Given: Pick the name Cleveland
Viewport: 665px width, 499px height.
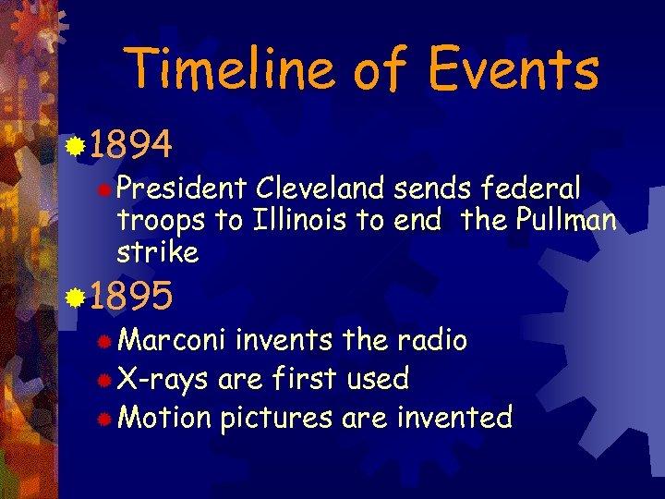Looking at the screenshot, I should (320, 189).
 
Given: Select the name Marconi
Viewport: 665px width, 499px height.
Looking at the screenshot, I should (172, 340).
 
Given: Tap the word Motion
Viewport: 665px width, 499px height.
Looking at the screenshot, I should (164, 418).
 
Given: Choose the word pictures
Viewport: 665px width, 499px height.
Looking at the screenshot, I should (275, 418).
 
